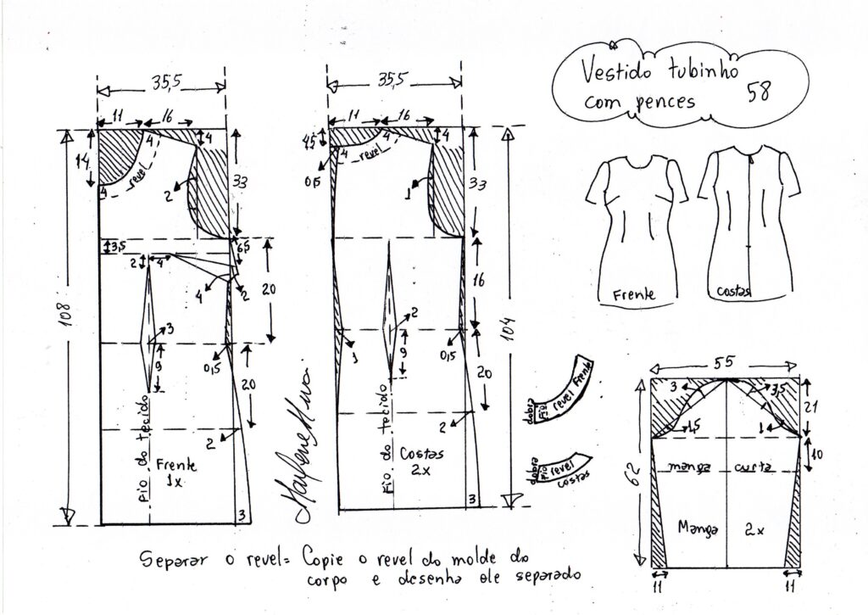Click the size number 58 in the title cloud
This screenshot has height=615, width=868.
coord(759,92)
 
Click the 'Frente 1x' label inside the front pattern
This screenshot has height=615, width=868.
coord(177,472)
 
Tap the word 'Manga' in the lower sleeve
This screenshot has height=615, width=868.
coord(698,527)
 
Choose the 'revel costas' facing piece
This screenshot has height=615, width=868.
coord(560,471)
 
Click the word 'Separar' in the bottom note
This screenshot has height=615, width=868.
coord(168,559)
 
